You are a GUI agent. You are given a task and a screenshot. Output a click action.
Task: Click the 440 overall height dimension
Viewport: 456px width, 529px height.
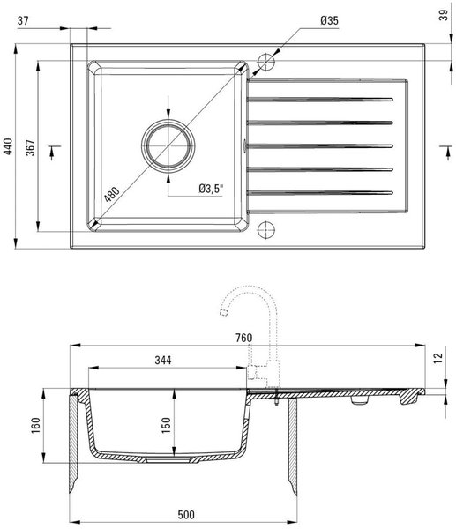click(x=7, y=146)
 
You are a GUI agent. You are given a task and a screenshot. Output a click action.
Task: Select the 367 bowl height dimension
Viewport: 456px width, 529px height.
click(x=30, y=147)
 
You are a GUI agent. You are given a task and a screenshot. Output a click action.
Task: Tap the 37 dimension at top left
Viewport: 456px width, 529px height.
click(x=23, y=20)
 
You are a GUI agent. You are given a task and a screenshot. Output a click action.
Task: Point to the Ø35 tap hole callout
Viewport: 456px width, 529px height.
click(x=329, y=20)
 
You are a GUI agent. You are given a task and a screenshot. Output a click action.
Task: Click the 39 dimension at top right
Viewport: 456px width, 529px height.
click(x=444, y=15)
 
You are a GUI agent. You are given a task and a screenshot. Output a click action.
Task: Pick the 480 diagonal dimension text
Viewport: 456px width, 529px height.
click(x=112, y=194)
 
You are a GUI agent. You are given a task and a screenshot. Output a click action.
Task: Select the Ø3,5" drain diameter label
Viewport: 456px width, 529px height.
click(x=212, y=189)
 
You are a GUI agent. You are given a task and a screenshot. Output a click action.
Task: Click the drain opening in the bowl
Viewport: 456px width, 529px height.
click(x=168, y=146)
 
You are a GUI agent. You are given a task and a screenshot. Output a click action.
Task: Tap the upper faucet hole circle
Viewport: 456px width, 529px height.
click(x=266, y=62)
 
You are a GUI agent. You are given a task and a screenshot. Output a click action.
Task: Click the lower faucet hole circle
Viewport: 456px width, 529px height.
click(x=266, y=230)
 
